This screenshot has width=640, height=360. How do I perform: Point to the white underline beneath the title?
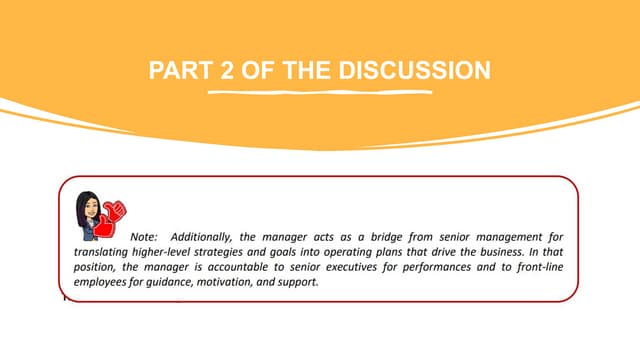[319, 92]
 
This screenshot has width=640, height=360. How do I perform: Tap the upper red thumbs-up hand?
[113, 211]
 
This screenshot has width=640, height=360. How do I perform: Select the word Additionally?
[208, 235]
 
